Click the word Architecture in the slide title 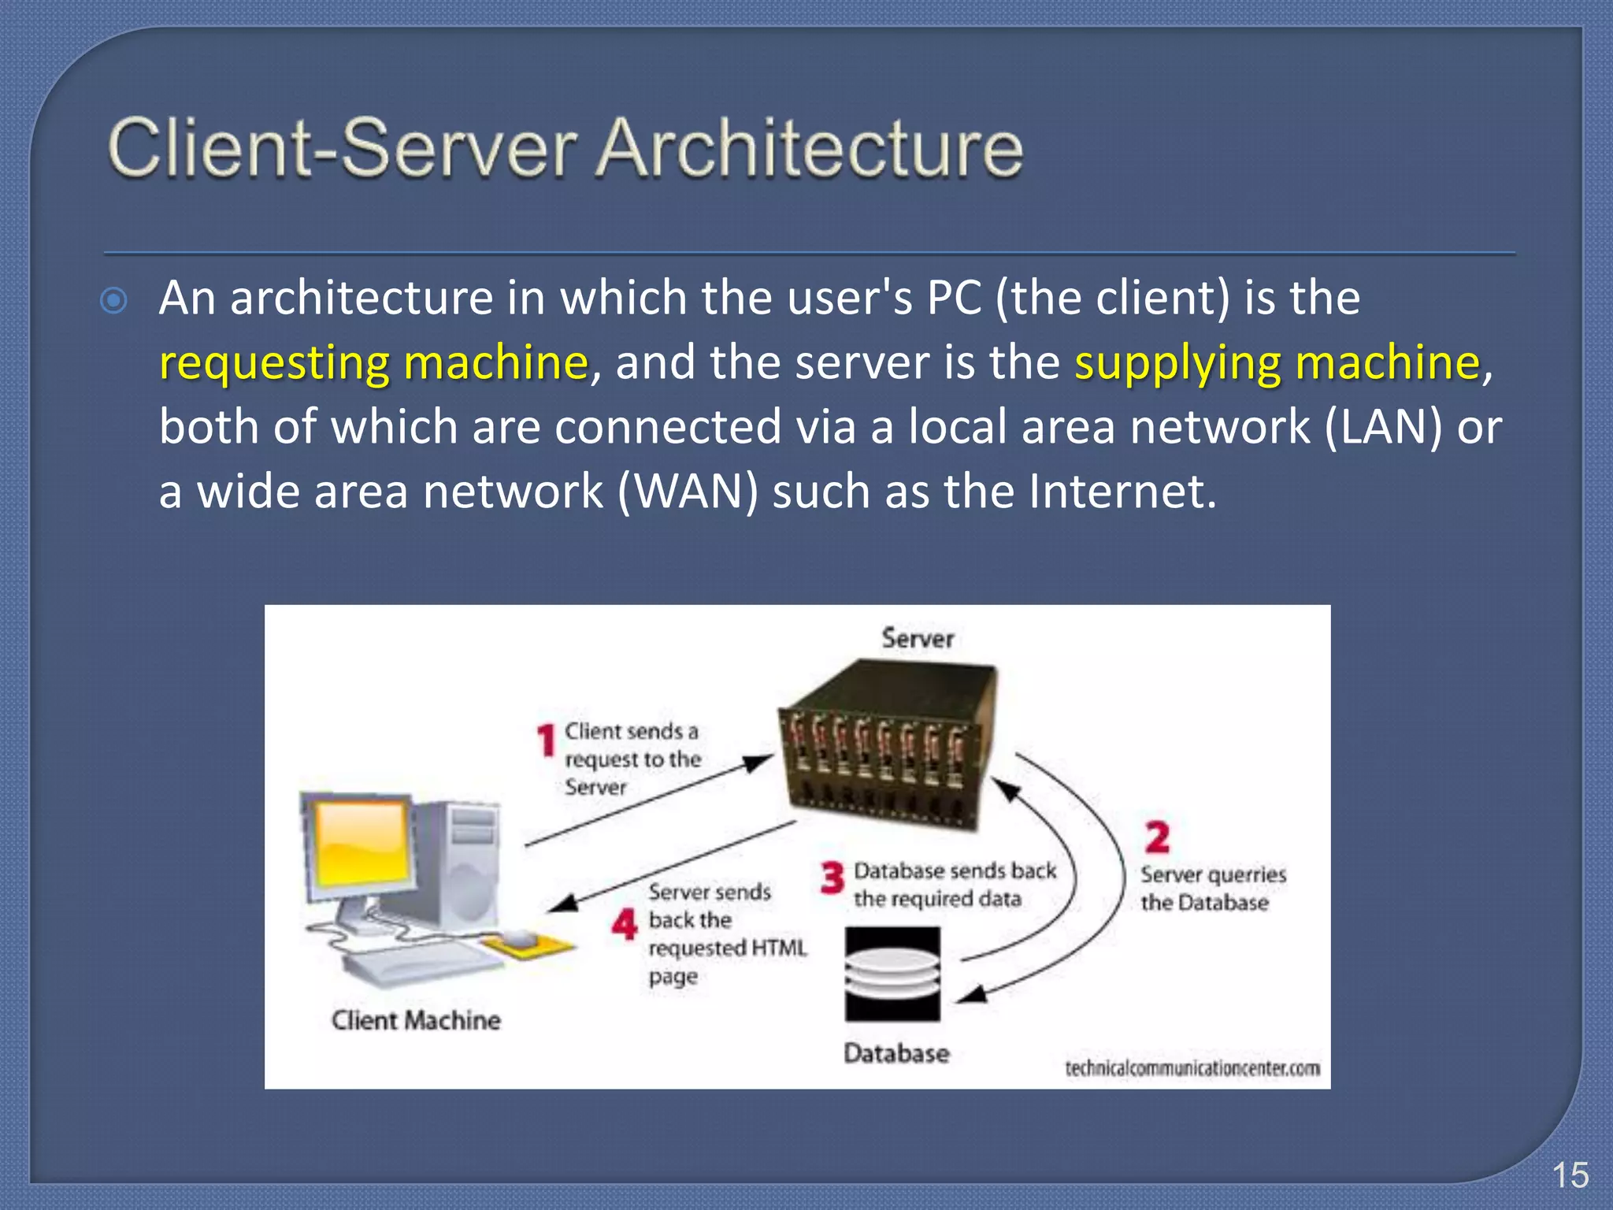pyautogui.click(x=809, y=147)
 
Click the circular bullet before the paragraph pyautogui.click(x=115, y=301)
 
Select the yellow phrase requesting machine pyautogui.click(x=373, y=363)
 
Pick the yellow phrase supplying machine pyautogui.click(x=1277, y=363)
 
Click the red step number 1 pyautogui.click(x=546, y=740)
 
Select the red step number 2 pyautogui.click(x=1156, y=837)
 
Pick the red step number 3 pyautogui.click(x=832, y=878)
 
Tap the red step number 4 pyautogui.click(x=625, y=924)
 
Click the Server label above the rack pyautogui.click(x=918, y=638)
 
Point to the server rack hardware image pyautogui.click(x=886, y=748)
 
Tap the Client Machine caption pyautogui.click(x=416, y=1021)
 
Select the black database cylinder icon pyautogui.click(x=892, y=974)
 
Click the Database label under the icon pyautogui.click(x=896, y=1054)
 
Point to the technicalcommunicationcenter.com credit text pyautogui.click(x=1192, y=1069)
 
